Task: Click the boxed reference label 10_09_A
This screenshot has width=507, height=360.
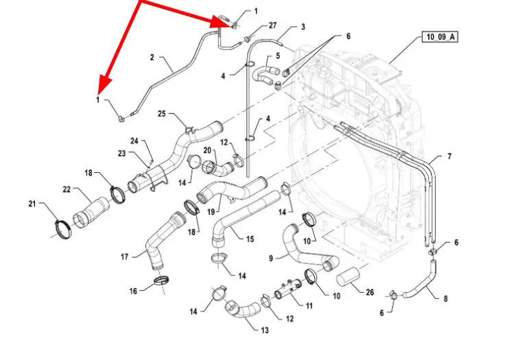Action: click(440, 37)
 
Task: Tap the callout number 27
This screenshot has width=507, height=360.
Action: click(272, 25)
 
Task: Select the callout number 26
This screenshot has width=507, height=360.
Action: click(370, 292)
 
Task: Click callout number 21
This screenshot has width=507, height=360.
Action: click(32, 204)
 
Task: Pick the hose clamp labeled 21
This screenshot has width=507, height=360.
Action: click(63, 228)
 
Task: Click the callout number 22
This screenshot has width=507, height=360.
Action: click(67, 189)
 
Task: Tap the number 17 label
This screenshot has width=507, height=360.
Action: click(124, 257)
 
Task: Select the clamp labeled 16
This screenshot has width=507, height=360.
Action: click(161, 280)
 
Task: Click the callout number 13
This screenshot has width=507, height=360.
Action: click(265, 330)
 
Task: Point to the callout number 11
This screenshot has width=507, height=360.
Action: click(309, 305)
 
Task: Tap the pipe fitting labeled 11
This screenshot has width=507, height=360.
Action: click(287, 289)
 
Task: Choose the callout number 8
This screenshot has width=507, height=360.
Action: click(445, 298)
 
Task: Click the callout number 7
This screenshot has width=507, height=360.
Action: click(449, 156)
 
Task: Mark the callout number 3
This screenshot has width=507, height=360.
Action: click(303, 27)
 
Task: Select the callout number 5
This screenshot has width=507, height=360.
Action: click(278, 56)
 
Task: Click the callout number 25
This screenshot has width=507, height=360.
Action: click(162, 113)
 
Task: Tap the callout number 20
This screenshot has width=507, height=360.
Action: click(207, 150)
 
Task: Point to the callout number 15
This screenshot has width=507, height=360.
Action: click(250, 239)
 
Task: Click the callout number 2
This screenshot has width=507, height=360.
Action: click(152, 58)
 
